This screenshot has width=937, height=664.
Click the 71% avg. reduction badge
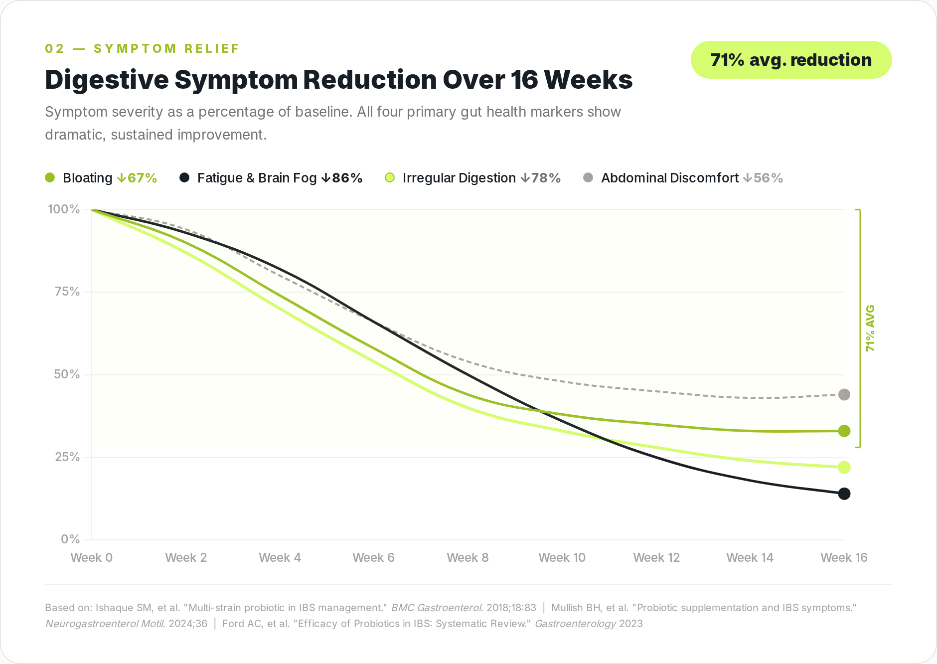click(x=791, y=60)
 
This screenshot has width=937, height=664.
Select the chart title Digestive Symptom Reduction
click(x=338, y=80)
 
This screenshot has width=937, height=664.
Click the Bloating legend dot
click(x=50, y=178)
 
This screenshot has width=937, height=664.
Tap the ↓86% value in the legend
click(x=342, y=178)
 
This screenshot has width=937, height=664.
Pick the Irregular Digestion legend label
click(x=459, y=178)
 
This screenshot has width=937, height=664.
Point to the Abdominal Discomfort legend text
click(x=669, y=178)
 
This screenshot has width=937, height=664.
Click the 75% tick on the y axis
click(x=67, y=292)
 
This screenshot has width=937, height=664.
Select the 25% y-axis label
click(x=67, y=457)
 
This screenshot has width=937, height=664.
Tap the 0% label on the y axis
click(x=70, y=539)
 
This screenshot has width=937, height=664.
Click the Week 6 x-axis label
click(x=373, y=558)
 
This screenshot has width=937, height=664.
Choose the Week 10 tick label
click(x=562, y=558)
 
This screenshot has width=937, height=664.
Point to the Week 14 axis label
click(x=750, y=558)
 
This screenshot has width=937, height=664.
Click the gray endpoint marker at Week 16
click(x=844, y=395)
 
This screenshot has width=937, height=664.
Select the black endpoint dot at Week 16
click(x=844, y=494)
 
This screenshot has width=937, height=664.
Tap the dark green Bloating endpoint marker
click(x=844, y=431)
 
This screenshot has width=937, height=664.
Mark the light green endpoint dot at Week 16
click(x=844, y=468)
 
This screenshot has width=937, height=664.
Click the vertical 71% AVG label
click(x=870, y=328)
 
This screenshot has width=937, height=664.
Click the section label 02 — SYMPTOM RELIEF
click(x=142, y=49)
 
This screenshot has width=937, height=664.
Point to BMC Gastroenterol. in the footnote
click(x=437, y=608)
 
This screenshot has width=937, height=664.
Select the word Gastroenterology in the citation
click(x=575, y=624)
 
